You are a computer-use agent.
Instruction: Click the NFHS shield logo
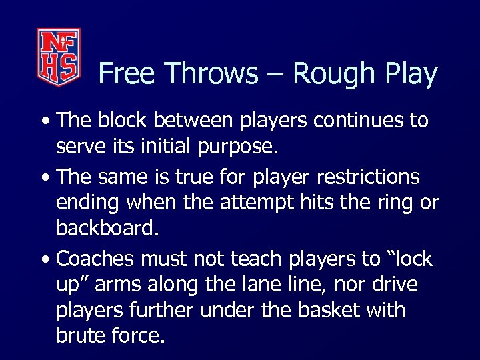(x=58, y=57)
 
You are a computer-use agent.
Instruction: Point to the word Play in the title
(x=409, y=74)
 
